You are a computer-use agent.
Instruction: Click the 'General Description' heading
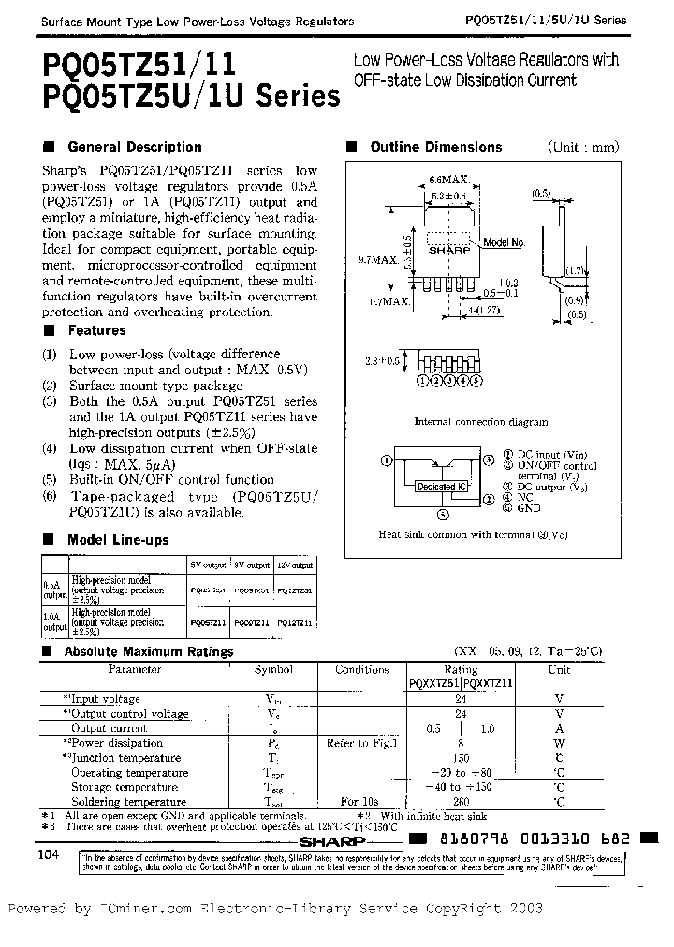(x=135, y=147)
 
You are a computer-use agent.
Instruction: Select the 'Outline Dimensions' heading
(x=435, y=147)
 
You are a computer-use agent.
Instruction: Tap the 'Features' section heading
(x=96, y=330)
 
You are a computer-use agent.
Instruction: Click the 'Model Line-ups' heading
(x=118, y=540)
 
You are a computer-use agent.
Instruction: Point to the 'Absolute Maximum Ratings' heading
(x=150, y=651)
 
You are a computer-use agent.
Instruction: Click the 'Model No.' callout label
(x=505, y=242)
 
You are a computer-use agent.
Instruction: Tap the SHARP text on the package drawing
(x=447, y=252)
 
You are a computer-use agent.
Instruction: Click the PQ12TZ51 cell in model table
(x=295, y=591)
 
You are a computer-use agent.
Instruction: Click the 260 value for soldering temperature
(x=461, y=802)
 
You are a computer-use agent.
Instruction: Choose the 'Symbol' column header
(x=273, y=670)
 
